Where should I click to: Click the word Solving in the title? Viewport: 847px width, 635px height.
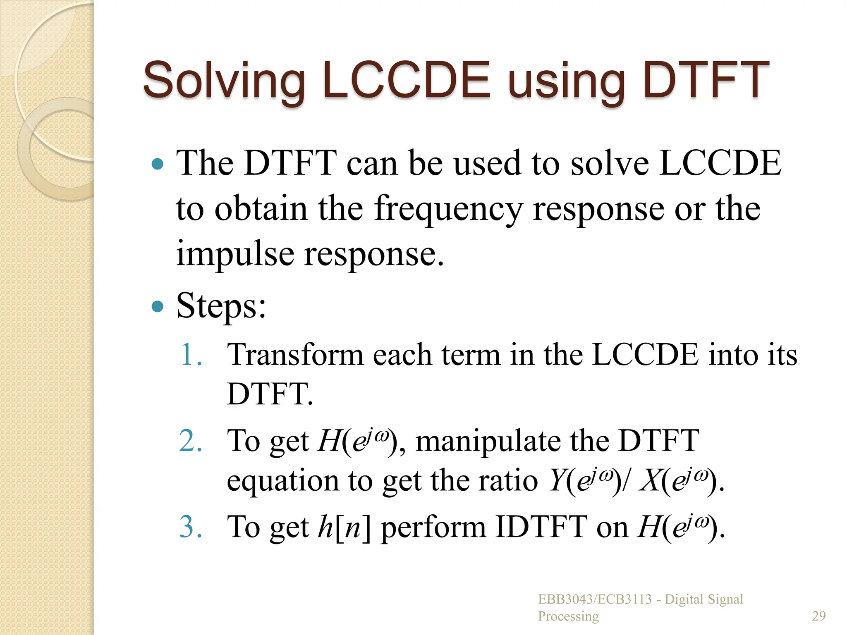click(224, 80)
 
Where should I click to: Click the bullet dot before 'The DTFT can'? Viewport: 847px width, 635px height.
click(158, 164)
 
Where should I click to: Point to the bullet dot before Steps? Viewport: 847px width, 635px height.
click(158, 307)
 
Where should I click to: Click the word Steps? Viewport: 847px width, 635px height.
click(221, 306)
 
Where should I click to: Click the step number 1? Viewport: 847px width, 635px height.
click(191, 355)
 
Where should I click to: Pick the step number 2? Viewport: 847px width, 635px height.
click(191, 441)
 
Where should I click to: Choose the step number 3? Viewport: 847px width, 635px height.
click(191, 527)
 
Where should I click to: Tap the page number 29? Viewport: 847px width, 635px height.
click(819, 616)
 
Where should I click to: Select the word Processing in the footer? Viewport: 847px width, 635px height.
click(568, 616)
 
